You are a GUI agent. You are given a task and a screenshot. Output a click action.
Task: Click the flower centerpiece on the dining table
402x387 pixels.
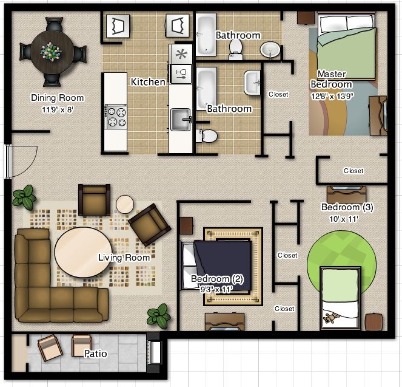[x=51, y=52]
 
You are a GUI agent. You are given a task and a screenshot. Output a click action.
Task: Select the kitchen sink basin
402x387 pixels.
[x=181, y=119]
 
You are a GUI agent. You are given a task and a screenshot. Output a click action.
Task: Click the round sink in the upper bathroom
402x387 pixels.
[x=270, y=50]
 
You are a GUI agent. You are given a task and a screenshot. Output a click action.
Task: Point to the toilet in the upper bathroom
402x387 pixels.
[x=236, y=50]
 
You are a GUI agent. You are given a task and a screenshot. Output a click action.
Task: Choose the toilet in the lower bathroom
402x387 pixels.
[x=207, y=135]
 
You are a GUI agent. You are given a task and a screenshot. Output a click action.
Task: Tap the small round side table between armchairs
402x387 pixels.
[x=125, y=204]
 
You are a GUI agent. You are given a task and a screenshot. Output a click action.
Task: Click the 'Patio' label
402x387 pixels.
[x=96, y=354]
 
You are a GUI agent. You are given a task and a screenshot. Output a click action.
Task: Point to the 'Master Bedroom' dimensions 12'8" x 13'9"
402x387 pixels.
[x=332, y=97]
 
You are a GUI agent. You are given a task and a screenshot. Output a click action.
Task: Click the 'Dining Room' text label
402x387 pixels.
[x=57, y=98]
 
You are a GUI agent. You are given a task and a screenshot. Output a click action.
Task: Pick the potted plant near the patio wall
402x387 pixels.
[x=159, y=316]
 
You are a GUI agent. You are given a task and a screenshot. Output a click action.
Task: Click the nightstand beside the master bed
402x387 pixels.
[x=306, y=18]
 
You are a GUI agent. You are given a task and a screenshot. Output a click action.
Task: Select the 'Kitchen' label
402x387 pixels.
[x=148, y=82]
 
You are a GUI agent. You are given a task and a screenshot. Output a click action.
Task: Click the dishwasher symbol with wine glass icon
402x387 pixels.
[x=181, y=74]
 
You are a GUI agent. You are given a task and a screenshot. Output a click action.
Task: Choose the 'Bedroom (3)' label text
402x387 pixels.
[x=347, y=207]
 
